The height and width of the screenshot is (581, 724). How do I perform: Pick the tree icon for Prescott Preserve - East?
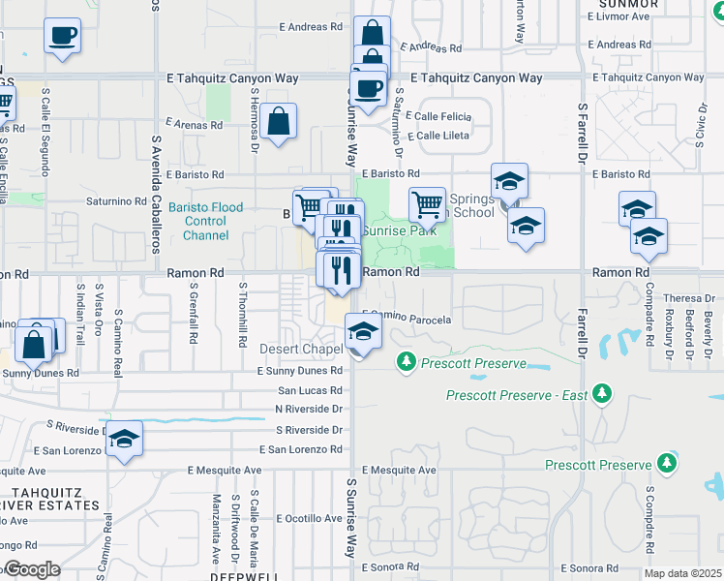click(x=603, y=393)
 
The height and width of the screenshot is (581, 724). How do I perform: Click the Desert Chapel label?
click(x=301, y=349)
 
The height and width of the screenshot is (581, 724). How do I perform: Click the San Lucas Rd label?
click(x=310, y=390)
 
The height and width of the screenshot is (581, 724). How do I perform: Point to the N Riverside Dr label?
click(x=309, y=409)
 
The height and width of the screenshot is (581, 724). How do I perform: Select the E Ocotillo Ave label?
click(x=309, y=518)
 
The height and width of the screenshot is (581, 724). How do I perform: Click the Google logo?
click(x=32, y=569)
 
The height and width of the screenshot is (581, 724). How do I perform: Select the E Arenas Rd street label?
click(x=195, y=124)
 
